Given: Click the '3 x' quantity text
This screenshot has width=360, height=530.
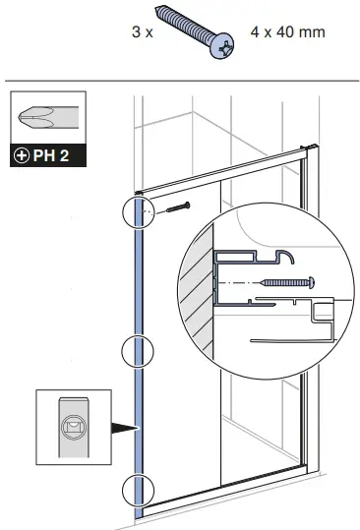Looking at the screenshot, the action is (x=142, y=31).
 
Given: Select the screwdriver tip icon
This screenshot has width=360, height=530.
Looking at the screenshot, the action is (x=45, y=119).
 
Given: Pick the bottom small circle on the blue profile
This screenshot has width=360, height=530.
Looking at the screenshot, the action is (x=139, y=489).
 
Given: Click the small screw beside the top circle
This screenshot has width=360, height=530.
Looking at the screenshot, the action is (x=177, y=207).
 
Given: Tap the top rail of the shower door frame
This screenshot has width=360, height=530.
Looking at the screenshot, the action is (x=226, y=170).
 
